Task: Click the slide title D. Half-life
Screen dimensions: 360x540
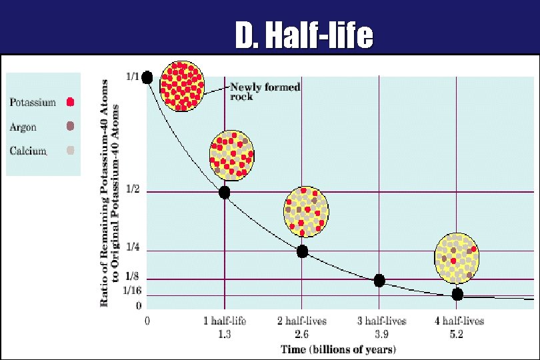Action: [303, 36]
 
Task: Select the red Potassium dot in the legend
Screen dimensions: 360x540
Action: [71, 103]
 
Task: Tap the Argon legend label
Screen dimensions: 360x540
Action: [23, 127]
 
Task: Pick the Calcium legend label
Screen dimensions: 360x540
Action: [28, 151]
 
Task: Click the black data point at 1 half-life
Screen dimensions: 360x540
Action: [224, 193]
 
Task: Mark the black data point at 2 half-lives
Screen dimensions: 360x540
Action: [302, 251]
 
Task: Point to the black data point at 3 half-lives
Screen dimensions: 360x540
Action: [379, 281]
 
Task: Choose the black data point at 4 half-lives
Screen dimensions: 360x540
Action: [457, 294]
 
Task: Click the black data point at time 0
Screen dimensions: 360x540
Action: [147, 77]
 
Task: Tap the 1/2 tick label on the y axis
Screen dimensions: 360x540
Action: [133, 189]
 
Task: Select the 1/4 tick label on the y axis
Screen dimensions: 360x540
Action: [133, 247]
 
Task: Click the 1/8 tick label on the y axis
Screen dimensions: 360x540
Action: [133, 276]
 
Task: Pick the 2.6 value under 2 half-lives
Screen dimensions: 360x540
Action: [302, 334]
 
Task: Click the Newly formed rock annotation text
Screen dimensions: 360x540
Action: [265, 91]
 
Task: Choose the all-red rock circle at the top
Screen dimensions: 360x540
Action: [182, 85]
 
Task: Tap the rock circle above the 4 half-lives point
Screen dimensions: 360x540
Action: [457, 258]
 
